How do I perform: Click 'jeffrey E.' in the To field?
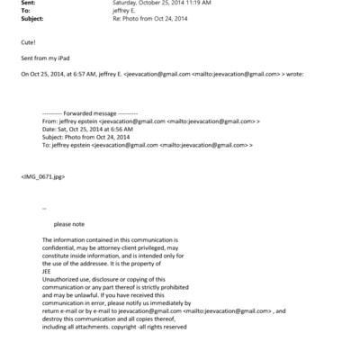pos(125,11)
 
